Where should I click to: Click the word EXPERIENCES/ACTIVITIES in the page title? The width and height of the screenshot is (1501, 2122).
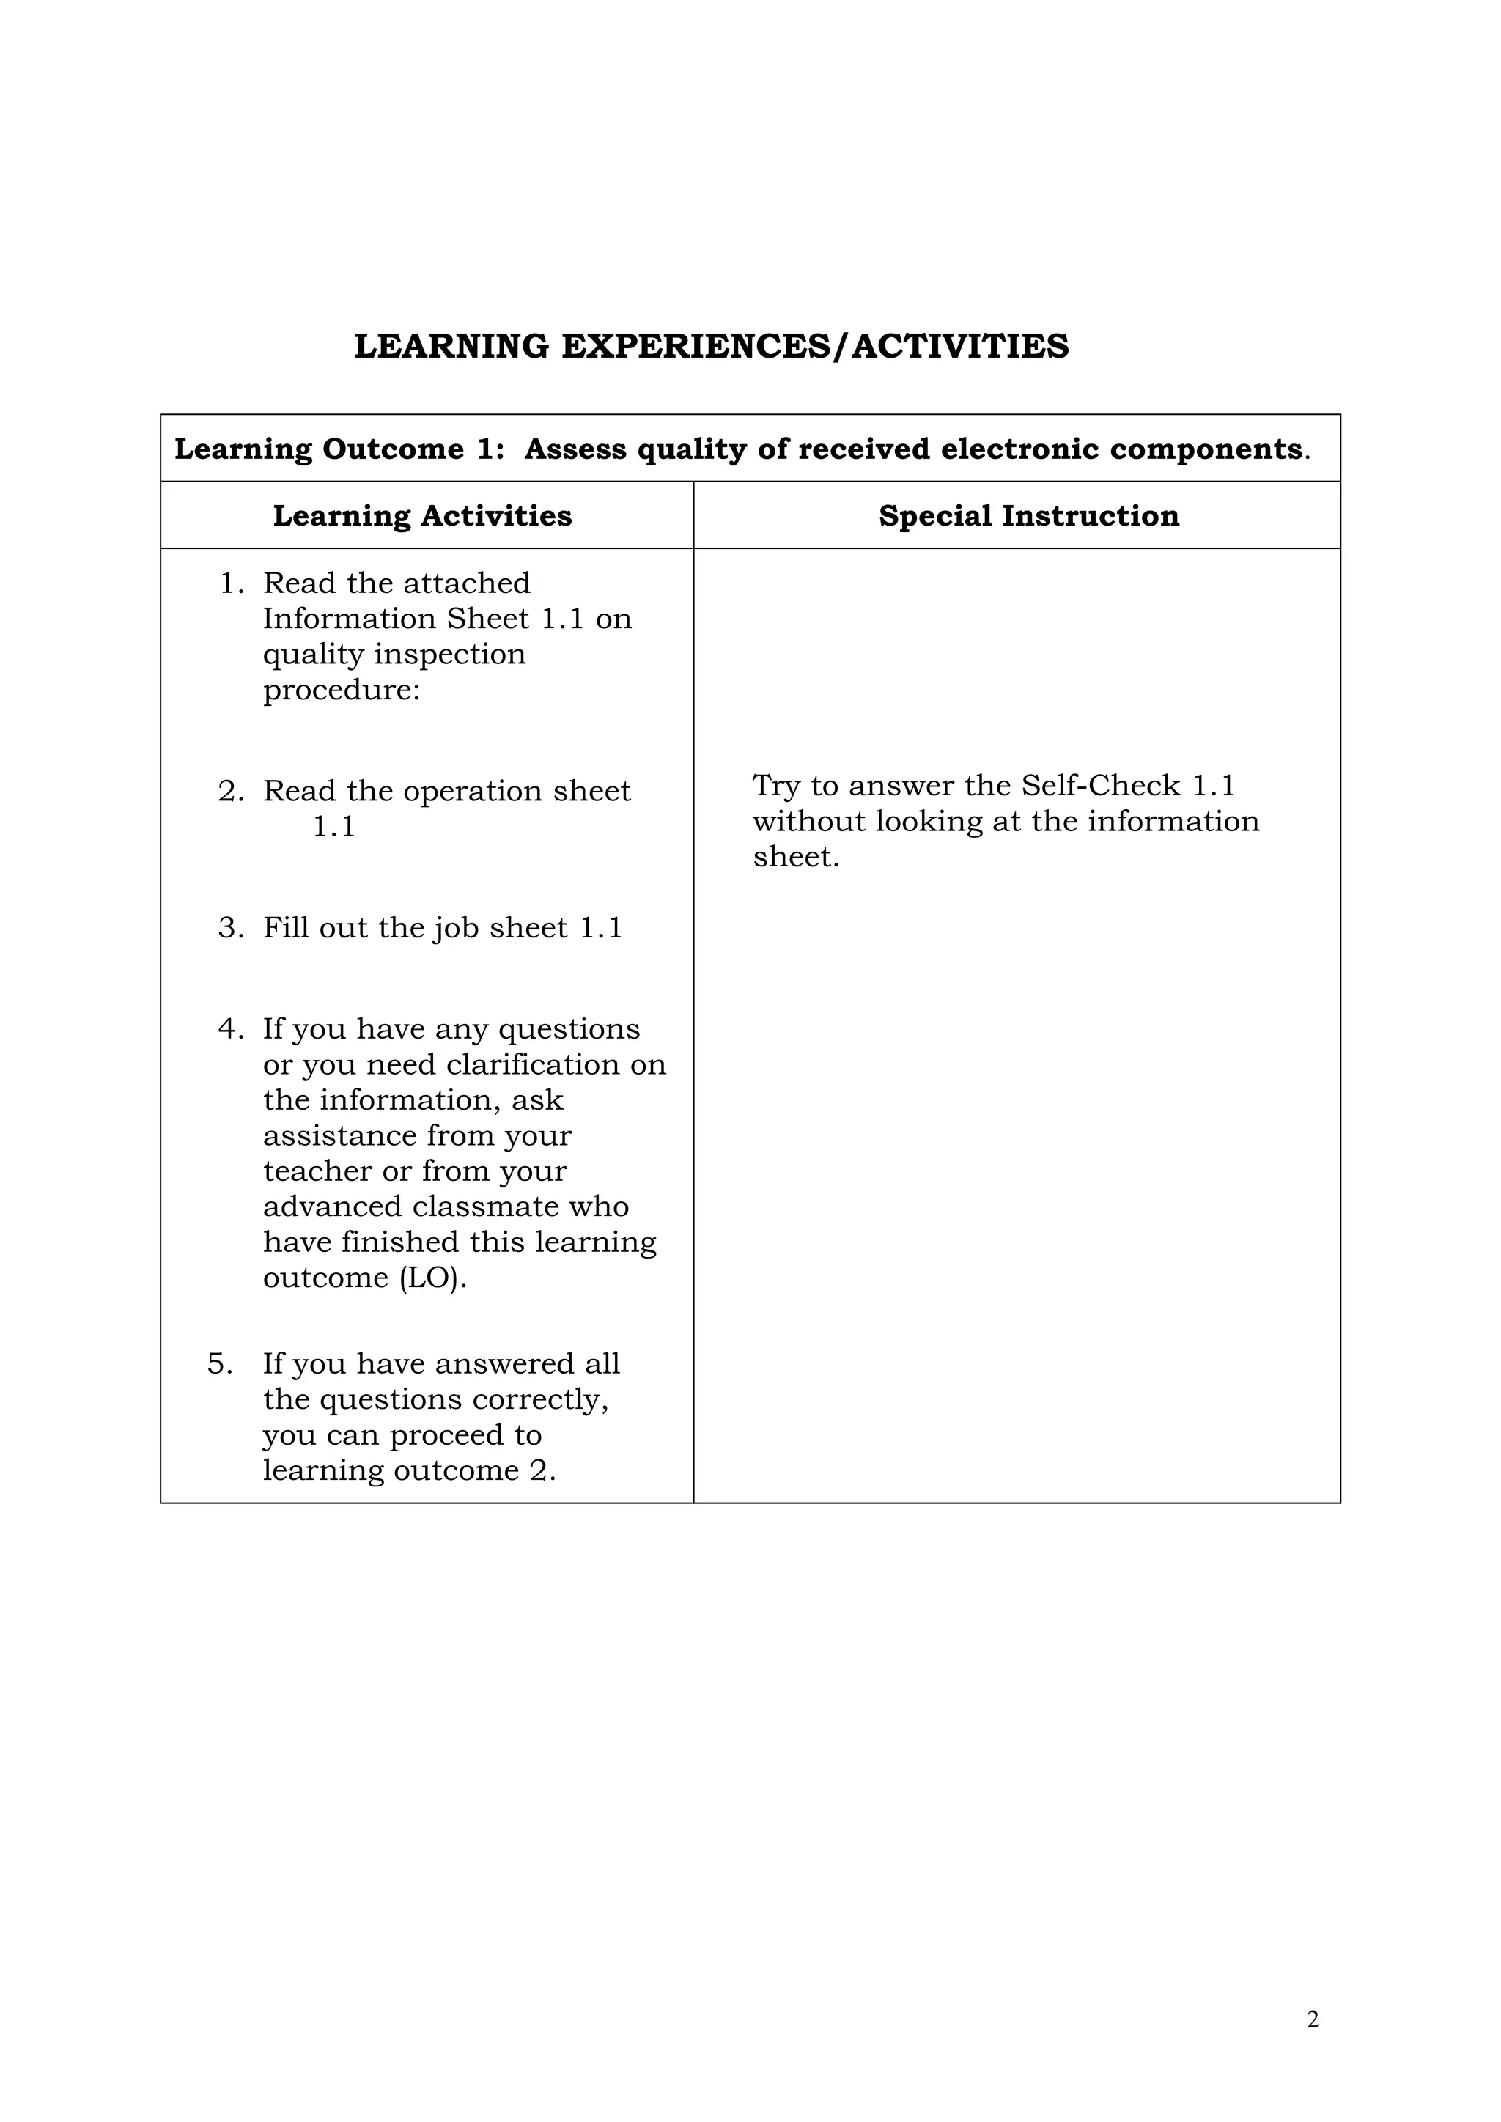814,347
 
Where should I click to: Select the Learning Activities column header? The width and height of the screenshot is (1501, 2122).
422,516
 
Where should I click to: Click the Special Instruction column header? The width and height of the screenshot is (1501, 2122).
1029,516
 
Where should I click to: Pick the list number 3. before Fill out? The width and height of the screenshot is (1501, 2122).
231,928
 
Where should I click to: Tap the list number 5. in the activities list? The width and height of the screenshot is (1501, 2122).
220,1364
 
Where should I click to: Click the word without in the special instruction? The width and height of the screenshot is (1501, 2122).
808,822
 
